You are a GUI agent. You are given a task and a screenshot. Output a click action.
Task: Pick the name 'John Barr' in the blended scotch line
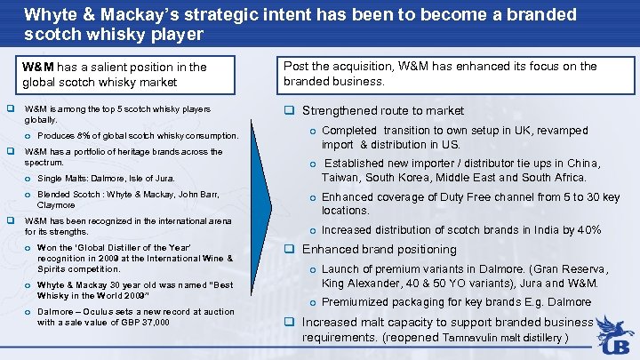(201, 194)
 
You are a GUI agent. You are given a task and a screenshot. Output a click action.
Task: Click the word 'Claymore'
(55, 204)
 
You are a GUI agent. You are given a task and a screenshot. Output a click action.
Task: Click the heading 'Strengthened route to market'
(382, 111)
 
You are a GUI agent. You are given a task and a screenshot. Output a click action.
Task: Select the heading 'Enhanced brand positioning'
(379, 250)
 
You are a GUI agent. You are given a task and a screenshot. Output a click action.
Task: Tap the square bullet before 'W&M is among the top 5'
(11, 109)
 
